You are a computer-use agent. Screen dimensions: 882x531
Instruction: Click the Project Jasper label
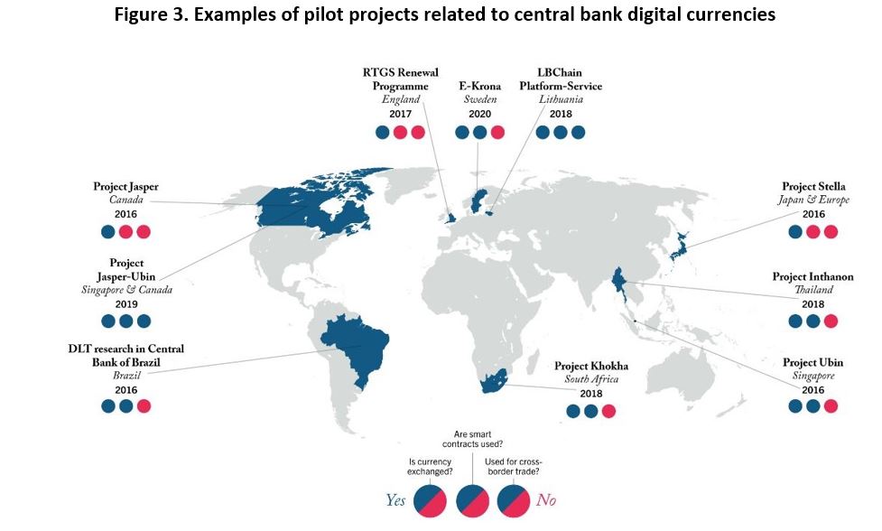pyautogui.click(x=126, y=186)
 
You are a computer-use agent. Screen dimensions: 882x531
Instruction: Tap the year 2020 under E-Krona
pyautogui.click(x=479, y=114)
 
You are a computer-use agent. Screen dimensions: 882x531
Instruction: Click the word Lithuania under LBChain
pyautogui.click(x=561, y=99)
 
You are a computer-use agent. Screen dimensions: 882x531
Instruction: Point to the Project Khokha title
pyautogui.click(x=591, y=366)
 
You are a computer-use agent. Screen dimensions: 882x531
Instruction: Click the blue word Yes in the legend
pyautogui.click(x=395, y=500)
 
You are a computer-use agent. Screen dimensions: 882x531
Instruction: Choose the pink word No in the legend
pyautogui.click(x=546, y=500)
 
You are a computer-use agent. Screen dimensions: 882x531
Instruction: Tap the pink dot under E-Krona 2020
pyautogui.click(x=497, y=132)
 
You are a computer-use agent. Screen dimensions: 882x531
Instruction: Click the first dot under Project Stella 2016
pyautogui.click(x=795, y=232)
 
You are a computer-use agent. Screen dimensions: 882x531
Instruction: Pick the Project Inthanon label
pyautogui.click(x=812, y=276)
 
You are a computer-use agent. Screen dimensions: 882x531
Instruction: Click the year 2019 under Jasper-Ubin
pyautogui.click(x=126, y=304)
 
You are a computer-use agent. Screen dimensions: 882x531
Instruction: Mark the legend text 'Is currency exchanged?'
pyautogui.click(x=430, y=466)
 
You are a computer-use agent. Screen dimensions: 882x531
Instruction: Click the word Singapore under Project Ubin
pyautogui.click(x=813, y=376)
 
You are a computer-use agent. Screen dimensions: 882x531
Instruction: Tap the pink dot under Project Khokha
pyautogui.click(x=608, y=411)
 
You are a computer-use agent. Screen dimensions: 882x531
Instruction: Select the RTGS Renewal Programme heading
pyautogui.click(x=401, y=79)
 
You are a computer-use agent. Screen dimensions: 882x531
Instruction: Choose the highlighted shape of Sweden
pyautogui.click(x=478, y=200)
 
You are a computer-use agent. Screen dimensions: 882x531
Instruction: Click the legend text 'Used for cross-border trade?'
pyautogui.click(x=514, y=466)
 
